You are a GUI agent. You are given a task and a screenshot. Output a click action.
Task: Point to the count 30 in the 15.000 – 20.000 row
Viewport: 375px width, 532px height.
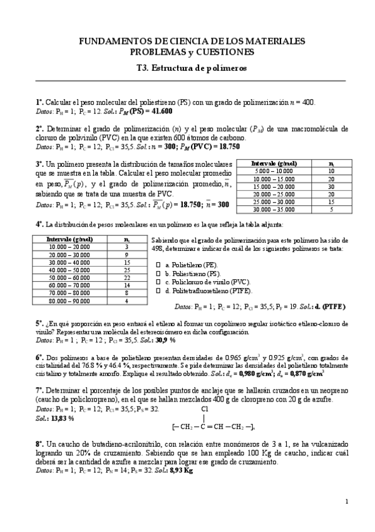pyautogui.click(x=331, y=186)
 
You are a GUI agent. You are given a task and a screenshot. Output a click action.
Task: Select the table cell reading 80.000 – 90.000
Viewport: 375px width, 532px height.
pyautogui.click(x=68, y=301)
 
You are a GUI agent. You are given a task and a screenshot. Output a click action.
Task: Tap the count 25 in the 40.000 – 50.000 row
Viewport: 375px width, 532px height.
pyautogui.click(x=126, y=269)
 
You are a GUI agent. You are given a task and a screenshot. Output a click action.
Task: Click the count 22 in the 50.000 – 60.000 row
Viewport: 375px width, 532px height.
pyautogui.click(x=126, y=277)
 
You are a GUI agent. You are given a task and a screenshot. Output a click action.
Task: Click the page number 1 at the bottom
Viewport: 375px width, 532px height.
pyautogui.click(x=346, y=519)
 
